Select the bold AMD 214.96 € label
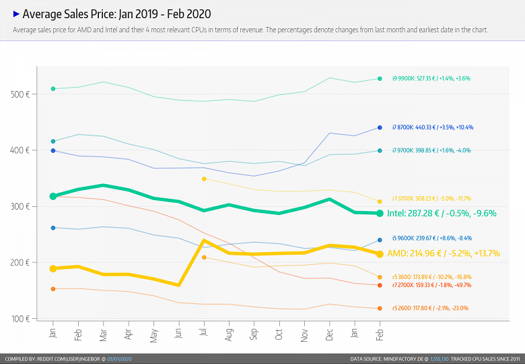pos(444,253)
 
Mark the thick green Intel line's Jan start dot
pos(53,196)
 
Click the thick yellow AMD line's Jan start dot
pos(53,269)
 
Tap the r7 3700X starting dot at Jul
pos(204,179)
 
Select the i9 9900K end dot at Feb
pos(380,79)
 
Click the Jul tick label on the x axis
pos(204,334)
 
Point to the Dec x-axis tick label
pos(329,334)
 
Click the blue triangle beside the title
pos(16,13)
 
